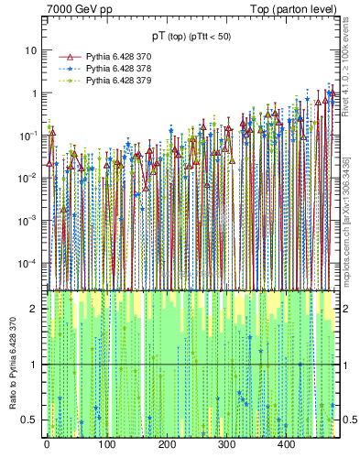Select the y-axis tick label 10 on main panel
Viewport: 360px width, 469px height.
[34, 50]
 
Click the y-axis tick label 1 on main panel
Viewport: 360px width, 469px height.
[37, 93]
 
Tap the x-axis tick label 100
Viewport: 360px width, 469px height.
[106, 445]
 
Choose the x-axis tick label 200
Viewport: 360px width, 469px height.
[166, 445]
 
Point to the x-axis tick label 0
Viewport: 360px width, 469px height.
[47, 445]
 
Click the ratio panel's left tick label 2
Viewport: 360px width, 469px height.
[37, 309]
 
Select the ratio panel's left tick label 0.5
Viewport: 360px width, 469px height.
[33, 420]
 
